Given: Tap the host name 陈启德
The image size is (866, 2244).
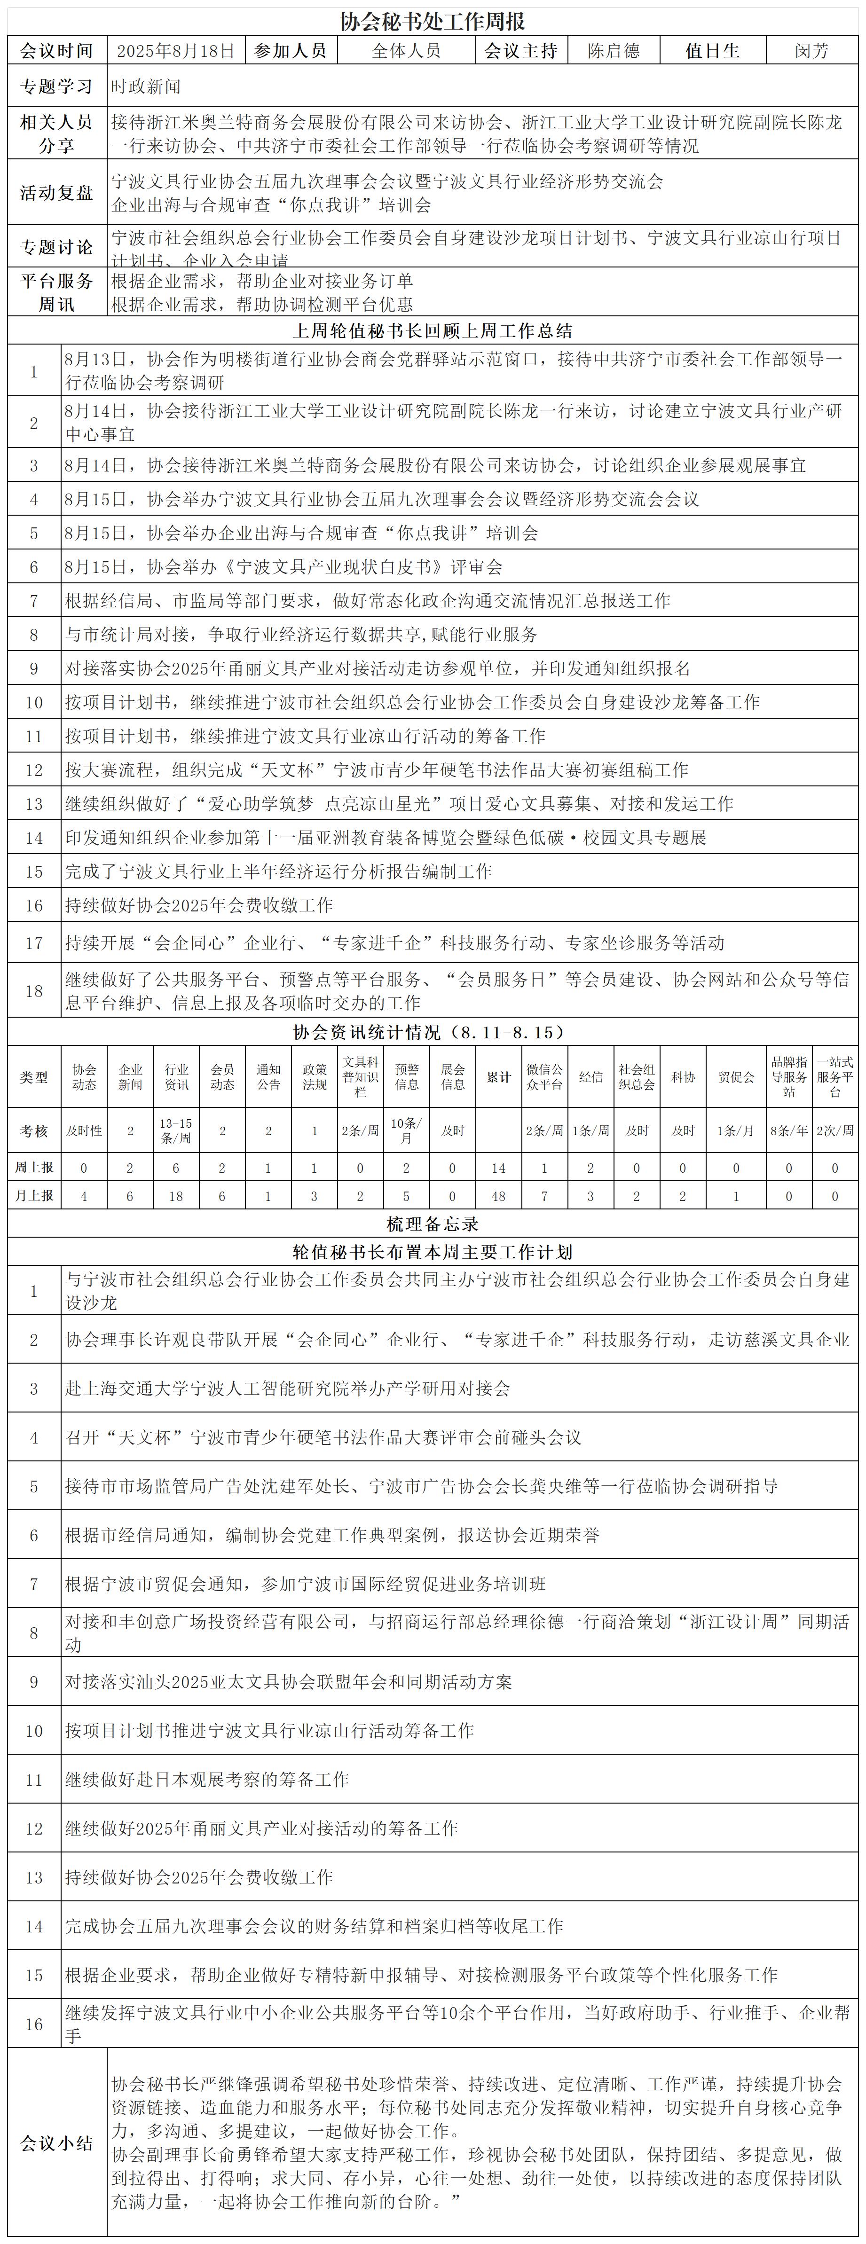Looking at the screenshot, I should pyautogui.click(x=614, y=50).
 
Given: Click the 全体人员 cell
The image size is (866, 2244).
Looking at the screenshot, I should pyautogui.click(x=406, y=50).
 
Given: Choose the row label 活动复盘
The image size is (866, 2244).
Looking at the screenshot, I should pyautogui.click(x=56, y=193).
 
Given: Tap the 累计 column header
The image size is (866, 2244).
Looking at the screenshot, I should pyautogui.click(x=498, y=1077).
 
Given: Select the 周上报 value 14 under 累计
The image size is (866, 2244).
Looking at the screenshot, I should pyautogui.click(x=498, y=1167).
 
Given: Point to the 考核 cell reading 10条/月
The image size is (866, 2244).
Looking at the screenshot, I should pyautogui.click(x=406, y=1130).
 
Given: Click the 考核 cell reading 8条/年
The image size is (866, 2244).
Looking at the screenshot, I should pyautogui.click(x=788, y=1130).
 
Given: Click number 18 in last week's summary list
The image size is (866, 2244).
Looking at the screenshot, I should pyautogui.click(x=34, y=990).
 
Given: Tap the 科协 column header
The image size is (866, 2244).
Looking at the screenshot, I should pyautogui.click(x=682, y=1077).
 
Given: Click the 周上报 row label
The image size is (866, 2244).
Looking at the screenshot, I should pyautogui.click(x=34, y=1167).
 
